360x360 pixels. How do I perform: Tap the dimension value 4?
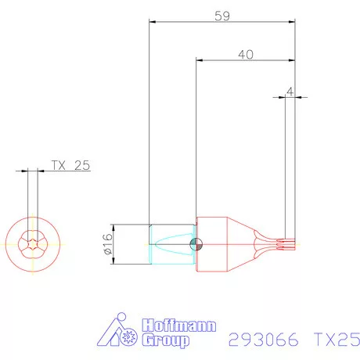tap(290, 92)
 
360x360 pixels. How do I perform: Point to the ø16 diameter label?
tap(108, 244)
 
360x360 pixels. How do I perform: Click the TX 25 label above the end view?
tap(71, 165)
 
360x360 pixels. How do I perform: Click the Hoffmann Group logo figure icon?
tap(117, 333)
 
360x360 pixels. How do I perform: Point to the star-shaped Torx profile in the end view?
tap(33, 244)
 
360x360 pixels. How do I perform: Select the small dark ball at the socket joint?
tap(195, 244)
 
